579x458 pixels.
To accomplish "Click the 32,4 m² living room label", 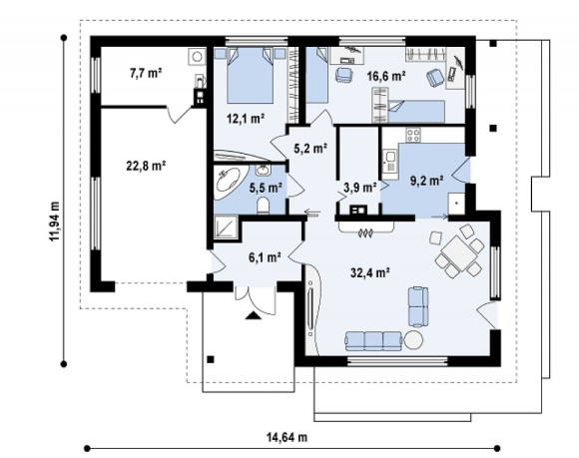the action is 370,272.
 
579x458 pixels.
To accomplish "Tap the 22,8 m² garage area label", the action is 146,166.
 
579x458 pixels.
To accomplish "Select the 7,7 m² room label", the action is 146,74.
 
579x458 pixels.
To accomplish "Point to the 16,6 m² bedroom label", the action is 386,76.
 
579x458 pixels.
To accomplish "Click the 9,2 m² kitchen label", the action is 427,181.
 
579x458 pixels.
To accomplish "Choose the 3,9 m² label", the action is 360,188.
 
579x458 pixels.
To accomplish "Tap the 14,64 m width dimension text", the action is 287,437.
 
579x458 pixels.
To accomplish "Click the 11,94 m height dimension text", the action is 55,222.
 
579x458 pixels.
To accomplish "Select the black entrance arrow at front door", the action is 254,314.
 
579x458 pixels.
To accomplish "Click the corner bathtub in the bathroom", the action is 229,182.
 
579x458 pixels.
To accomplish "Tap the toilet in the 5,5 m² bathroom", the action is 264,206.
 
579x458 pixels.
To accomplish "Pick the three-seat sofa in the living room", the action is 373,340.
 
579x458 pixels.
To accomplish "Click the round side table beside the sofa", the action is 413,340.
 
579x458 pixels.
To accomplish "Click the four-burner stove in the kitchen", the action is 413,135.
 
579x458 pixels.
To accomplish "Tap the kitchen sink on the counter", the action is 389,162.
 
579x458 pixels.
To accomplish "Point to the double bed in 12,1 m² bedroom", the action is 250,76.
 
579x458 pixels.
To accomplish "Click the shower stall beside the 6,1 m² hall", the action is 226,228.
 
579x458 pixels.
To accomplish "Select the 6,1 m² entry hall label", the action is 265,257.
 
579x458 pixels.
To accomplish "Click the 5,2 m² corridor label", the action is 310,149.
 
